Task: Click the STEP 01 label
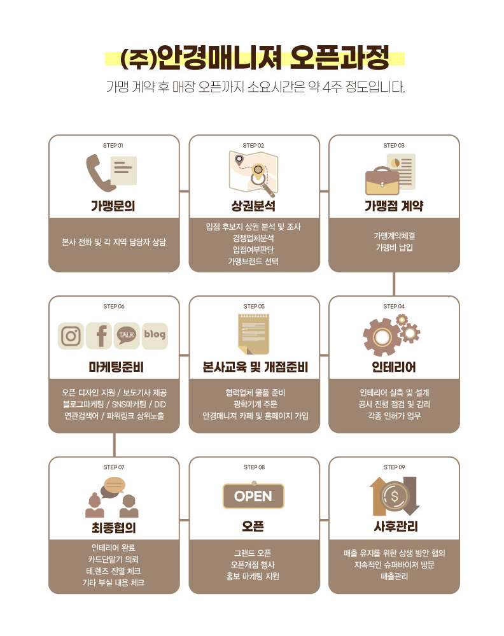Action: point(113,145)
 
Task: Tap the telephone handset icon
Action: point(99,173)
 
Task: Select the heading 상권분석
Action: point(253,206)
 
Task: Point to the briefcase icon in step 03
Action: point(382,181)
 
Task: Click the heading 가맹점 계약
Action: point(394,206)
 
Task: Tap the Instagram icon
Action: point(71,336)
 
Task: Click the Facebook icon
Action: point(99,336)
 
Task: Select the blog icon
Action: point(155,336)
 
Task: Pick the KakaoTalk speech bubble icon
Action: point(127,336)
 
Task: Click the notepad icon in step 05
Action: point(254,334)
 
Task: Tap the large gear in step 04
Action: point(382,336)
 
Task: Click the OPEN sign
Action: point(253,496)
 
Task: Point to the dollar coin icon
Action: point(394,496)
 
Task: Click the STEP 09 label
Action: point(394,467)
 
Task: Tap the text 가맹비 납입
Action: point(394,248)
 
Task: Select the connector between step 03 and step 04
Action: point(394,284)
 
